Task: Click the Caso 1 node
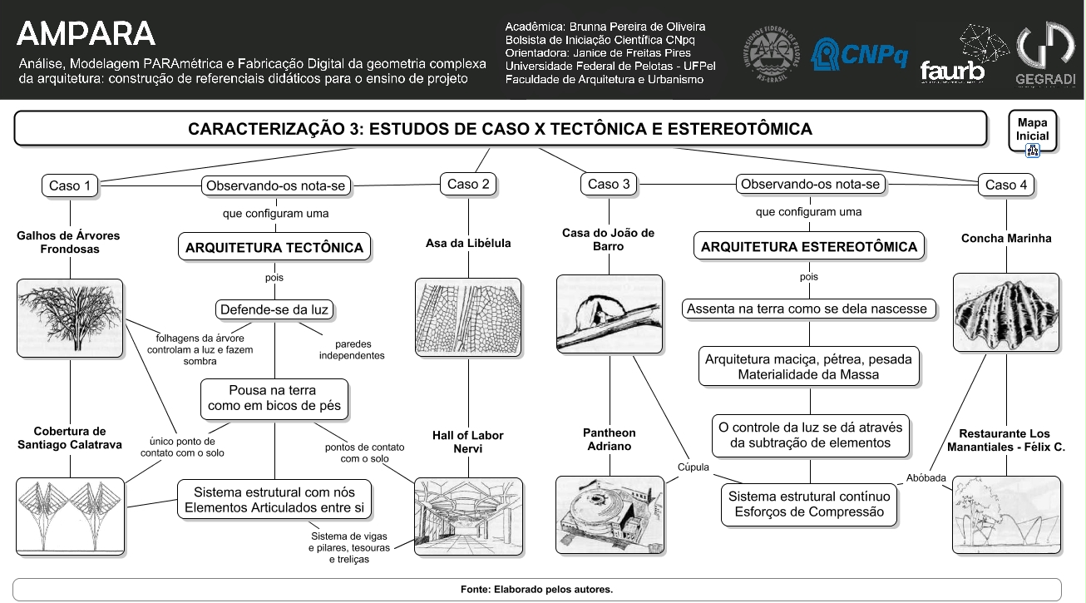70,185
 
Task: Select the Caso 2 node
468,185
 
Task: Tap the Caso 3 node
609,185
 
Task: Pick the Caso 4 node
1006,185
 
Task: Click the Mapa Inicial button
1033,131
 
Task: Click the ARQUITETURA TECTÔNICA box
274,247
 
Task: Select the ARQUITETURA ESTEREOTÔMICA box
809,246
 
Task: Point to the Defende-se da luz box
274,309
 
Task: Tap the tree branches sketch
71,319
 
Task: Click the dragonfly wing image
468,317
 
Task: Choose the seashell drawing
1006,313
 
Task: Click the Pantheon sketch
610,515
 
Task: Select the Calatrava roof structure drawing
71,517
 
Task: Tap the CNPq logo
859,54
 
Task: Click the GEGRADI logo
1045,53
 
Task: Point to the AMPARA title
86,34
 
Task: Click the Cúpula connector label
694,467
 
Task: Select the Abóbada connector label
926,478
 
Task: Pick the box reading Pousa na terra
274,398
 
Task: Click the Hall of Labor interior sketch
469,517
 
